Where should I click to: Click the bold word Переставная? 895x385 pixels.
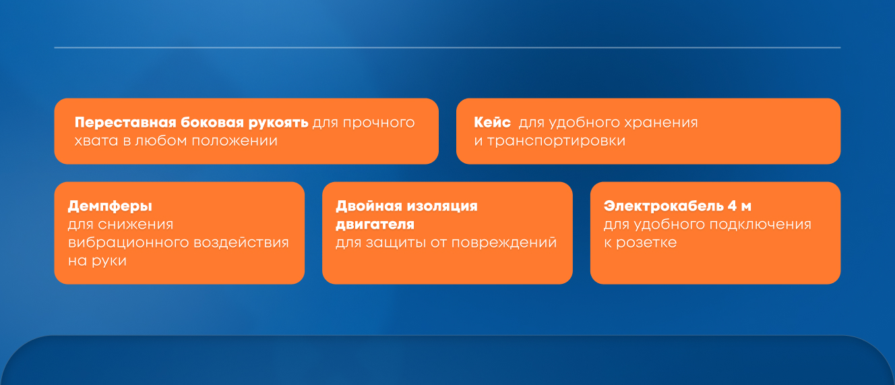[125, 123]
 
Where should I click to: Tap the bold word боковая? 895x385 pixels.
[212, 123]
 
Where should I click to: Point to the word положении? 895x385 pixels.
[234, 141]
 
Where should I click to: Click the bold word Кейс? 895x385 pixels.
[492, 122]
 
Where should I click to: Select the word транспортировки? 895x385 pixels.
[556, 142]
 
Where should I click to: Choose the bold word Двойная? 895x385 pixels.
[369, 206]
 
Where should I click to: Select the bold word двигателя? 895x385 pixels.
[375, 225]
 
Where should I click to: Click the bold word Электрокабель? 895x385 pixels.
[663, 206]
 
